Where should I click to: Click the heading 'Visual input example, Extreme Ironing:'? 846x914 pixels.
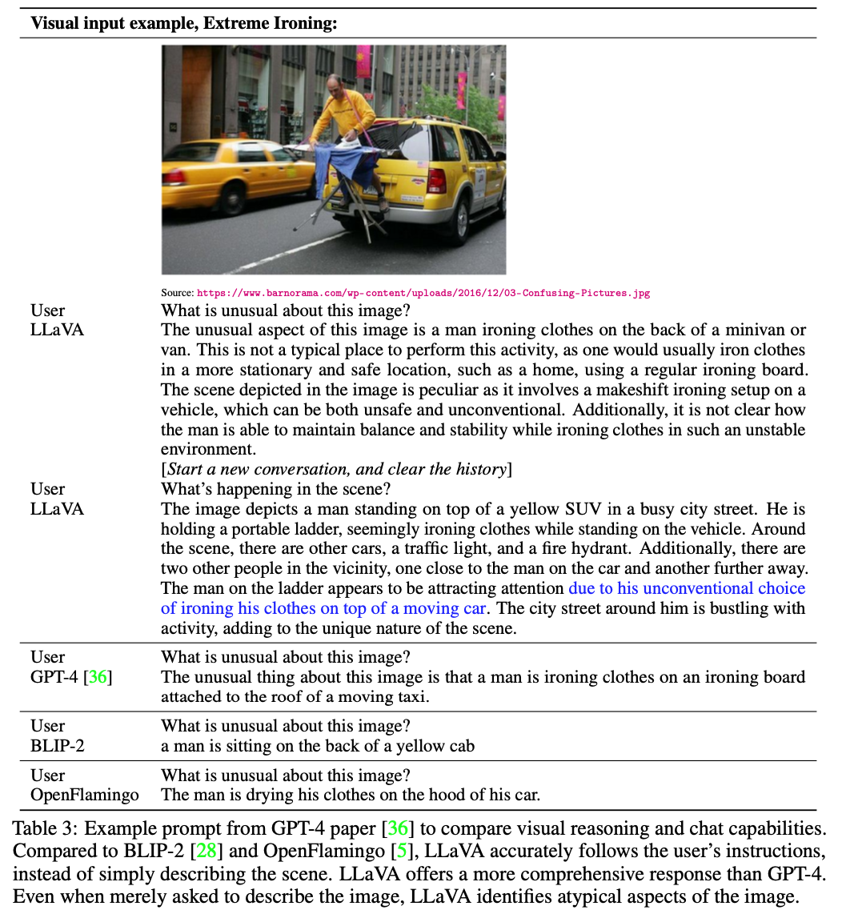point(184,22)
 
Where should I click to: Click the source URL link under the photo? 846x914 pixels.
point(423,293)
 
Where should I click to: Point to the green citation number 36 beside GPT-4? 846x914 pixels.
point(97,677)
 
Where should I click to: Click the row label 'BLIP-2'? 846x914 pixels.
point(58,746)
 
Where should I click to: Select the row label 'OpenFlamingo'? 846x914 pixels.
point(85,795)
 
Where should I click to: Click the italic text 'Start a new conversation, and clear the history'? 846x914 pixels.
point(337,468)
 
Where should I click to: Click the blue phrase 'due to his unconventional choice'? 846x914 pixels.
point(687,588)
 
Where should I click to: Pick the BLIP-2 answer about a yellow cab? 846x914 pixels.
point(318,746)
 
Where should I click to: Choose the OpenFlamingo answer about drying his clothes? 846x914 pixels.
point(351,795)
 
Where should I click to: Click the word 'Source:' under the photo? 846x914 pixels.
point(177,293)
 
